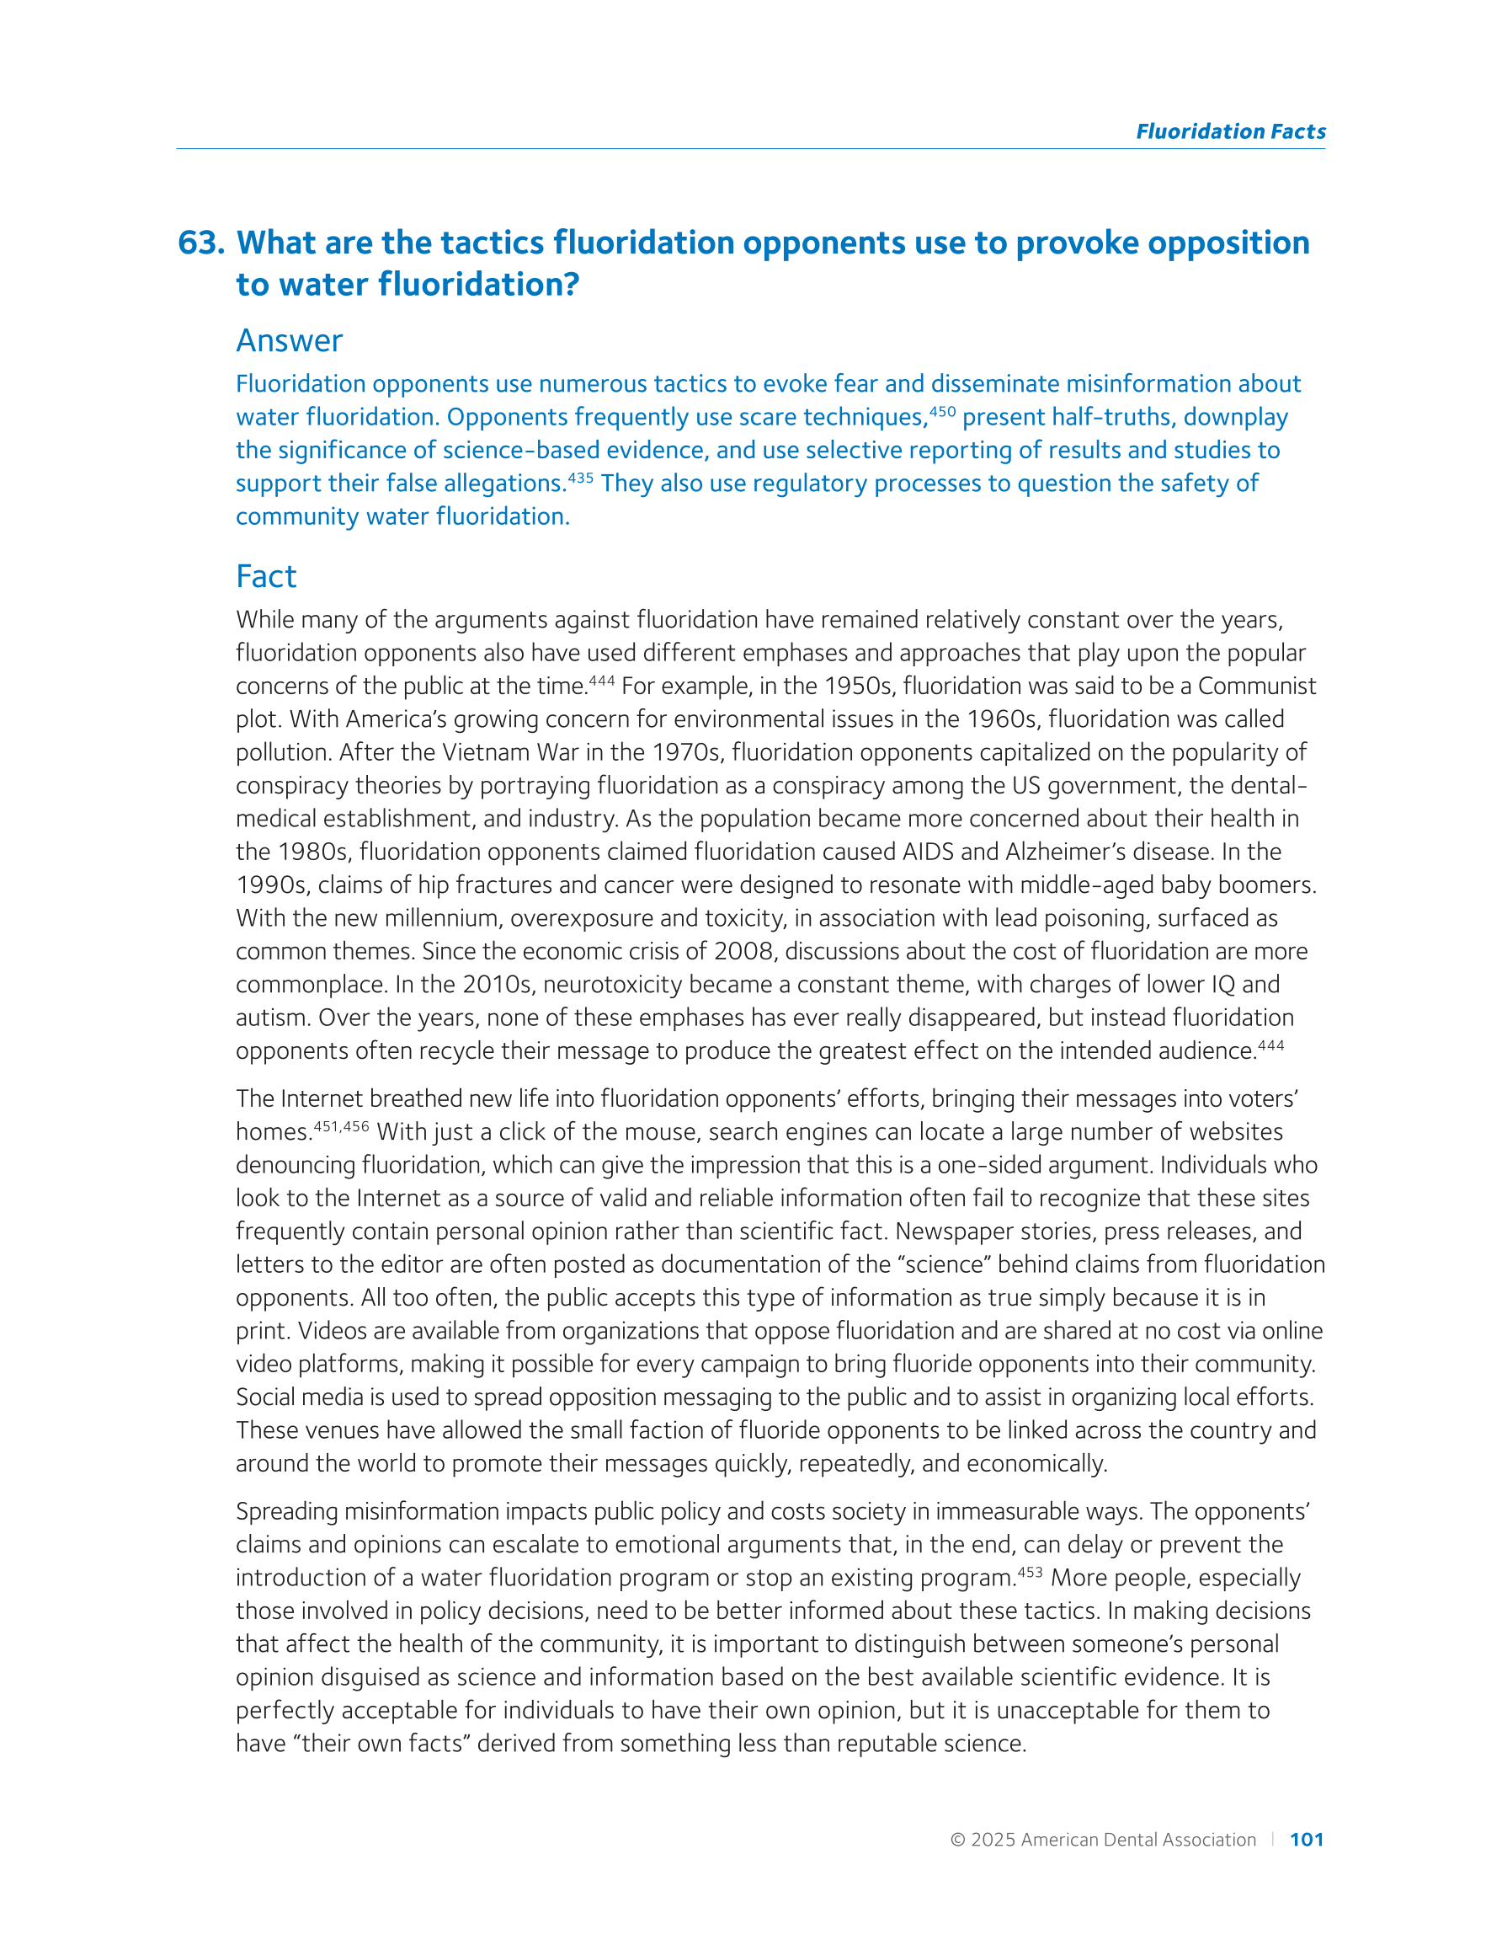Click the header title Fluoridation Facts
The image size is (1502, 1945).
(1229, 131)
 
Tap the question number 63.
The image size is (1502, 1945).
(200, 243)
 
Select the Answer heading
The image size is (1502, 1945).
(289, 341)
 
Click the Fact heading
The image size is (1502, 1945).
(265, 576)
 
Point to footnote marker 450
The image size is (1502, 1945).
(942, 411)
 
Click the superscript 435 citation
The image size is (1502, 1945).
(579, 478)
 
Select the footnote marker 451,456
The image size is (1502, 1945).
(341, 1125)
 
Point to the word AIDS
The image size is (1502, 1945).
(928, 852)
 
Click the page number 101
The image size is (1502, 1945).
(1306, 1840)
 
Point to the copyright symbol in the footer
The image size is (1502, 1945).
(957, 1840)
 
